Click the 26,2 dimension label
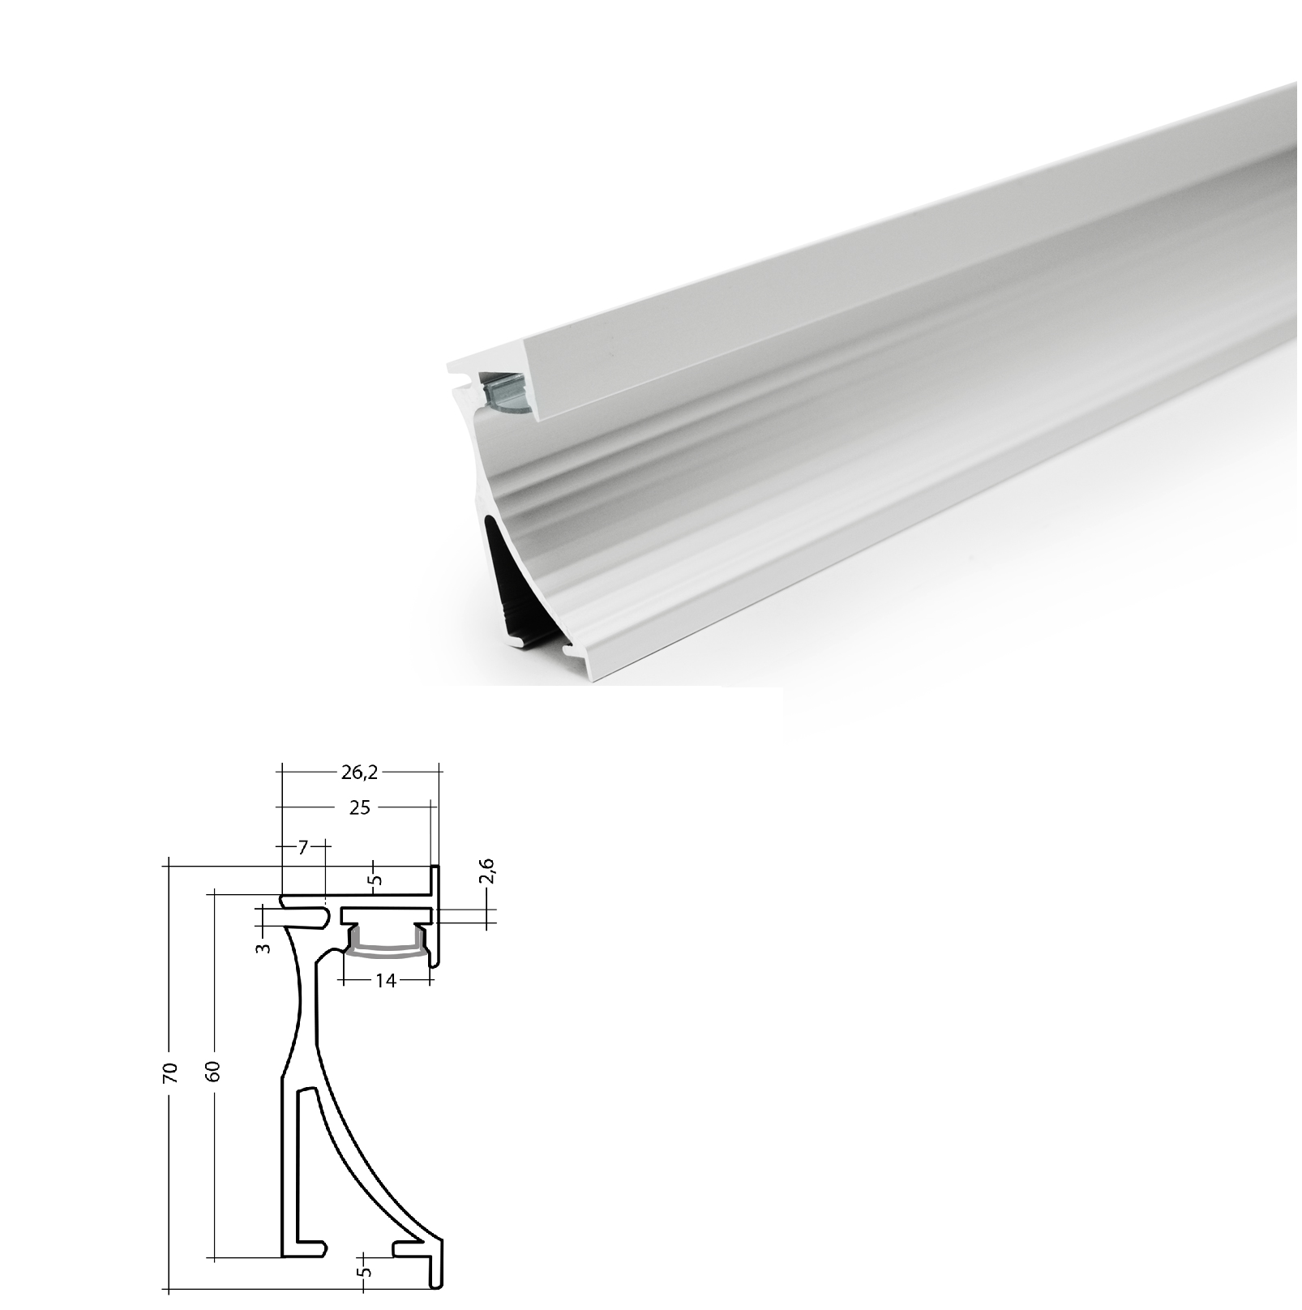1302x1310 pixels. click(359, 773)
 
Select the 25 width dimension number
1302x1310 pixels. click(361, 807)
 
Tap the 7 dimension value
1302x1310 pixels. click(302, 848)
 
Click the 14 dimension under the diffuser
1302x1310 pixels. click(386, 981)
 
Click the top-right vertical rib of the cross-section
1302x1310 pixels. click(435, 916)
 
